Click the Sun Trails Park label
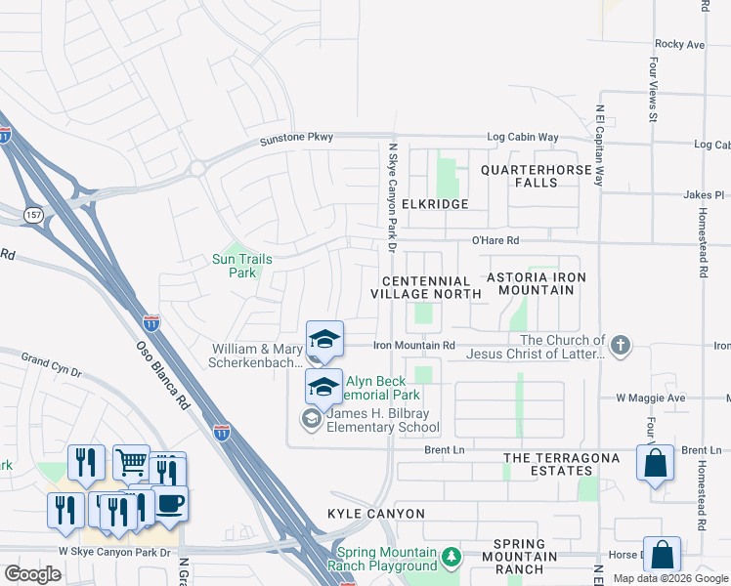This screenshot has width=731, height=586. pyautogui.click(x=241, y=266)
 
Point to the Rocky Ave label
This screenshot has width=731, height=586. pyautogui.click(x=679, y=44)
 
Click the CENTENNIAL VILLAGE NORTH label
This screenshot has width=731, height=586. pyautogui.click(x=425, y=287)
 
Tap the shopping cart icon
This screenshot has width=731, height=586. pyautogui.click(x=131, y=462)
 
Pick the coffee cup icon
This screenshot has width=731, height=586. pyautogui.click(x=170, y=503)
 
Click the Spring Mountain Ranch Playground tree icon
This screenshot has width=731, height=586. pyautogui.click(x=451, y=558)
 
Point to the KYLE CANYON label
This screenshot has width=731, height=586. pyautogui.click(x=376, y=514)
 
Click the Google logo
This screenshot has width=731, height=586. pyautogui.click(x=32, y=574)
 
